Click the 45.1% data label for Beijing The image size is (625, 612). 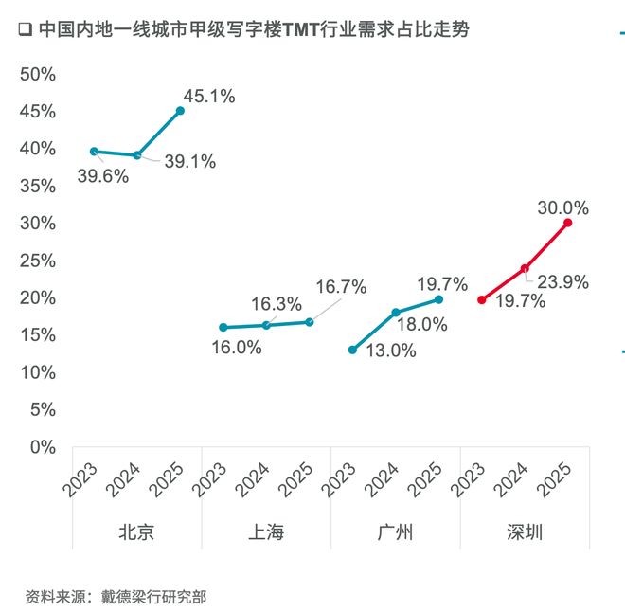pyautogui.click(x=208, y=96)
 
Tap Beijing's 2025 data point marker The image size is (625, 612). pyautogui.click(x=180, y=111)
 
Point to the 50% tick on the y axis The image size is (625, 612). pyautogui.click(x=38, y=74)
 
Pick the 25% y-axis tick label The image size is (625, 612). pyautogui.click(x=38, y=261)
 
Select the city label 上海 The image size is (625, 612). pyautogui.click(x=266, y=532)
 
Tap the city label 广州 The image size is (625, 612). pyautogui.click(x=396, y=532)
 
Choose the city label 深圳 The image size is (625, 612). pyautogui.click(x=525, y=532)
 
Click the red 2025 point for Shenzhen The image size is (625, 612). pyautogui.click(x=568, y=223)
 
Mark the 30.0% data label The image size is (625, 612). pyautogui.click(x=562, y=207)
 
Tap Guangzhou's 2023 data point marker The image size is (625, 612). pyautogui.click(x=352, y=350)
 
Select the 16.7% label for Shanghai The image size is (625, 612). pyautogui.click(x=341, y=286)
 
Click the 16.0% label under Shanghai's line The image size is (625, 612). pyautogui.click(x=234, y=348)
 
